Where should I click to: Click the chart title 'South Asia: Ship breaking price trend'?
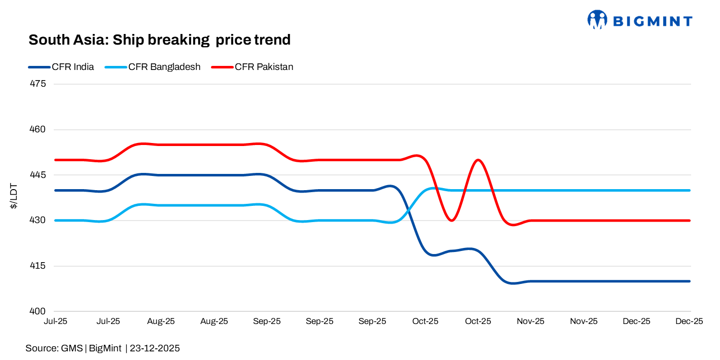coord(159,40)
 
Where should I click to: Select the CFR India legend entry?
coord(73,66)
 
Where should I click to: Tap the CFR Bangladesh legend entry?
coord(164,66)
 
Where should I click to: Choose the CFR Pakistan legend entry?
coord(264,66)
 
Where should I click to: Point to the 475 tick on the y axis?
coord(39,84)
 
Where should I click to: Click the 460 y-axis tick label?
coord(39,129)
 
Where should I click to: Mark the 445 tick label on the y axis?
coord(39,175)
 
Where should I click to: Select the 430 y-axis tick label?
coord(39,221)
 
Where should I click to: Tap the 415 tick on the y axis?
coord(39,266)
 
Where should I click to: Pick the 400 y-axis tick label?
coord(39,311)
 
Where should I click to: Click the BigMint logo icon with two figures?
coord(597,20)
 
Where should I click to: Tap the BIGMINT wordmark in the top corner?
coord(653,21)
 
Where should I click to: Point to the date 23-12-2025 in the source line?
coord(155,348)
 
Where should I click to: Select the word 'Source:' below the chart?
coord(42,348)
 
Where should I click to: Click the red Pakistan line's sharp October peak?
coord(478,160)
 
